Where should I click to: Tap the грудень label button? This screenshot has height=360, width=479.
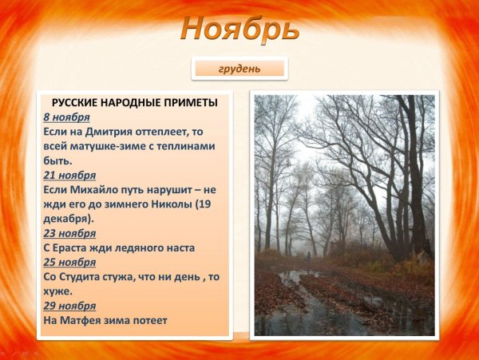pos(239,69)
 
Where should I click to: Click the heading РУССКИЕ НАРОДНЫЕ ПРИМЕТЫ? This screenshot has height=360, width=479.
pos(134,103)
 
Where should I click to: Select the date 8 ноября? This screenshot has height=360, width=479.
pos(66,117)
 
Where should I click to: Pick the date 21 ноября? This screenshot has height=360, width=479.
pos(69,175)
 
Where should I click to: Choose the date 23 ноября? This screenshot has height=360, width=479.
pos(69,233)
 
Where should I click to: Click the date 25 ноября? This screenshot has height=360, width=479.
pos(69,262)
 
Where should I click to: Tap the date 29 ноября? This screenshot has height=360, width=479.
pos(69,305)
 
